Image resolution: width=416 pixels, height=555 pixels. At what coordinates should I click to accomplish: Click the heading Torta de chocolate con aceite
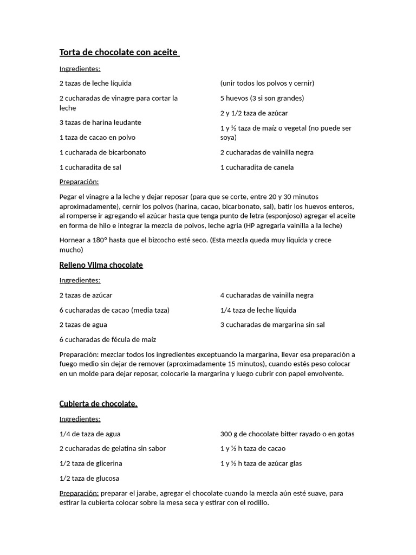tap(119, 53)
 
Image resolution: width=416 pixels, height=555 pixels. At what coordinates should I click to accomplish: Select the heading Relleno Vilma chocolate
tap(101, 265)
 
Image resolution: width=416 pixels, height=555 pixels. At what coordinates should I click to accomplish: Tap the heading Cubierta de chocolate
tap(98, 404)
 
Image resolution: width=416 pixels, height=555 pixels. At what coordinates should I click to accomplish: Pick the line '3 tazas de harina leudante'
tap(100, 122)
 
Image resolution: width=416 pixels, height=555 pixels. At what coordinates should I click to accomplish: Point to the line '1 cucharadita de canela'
tap(257, 167)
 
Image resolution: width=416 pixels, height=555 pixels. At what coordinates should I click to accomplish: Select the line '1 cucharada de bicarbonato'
tap(102, 152)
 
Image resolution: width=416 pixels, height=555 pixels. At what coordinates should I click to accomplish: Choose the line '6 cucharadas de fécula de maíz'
tap(107, 339)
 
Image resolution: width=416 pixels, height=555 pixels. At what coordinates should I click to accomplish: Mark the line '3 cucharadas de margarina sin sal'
tap(272, 325)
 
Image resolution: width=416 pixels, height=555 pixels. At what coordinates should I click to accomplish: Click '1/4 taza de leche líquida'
tap(258, 310)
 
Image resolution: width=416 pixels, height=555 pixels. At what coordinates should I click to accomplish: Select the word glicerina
tap(108, 463)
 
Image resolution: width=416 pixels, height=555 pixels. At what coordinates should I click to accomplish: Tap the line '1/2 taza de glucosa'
tap(89, 478)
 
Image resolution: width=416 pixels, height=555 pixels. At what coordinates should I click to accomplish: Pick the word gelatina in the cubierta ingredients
tap(120, 448)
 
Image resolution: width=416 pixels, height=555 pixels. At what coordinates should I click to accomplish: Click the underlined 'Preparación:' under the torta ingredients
tap(79, 182)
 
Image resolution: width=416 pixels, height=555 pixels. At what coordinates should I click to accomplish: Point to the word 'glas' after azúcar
tap(295, 463)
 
